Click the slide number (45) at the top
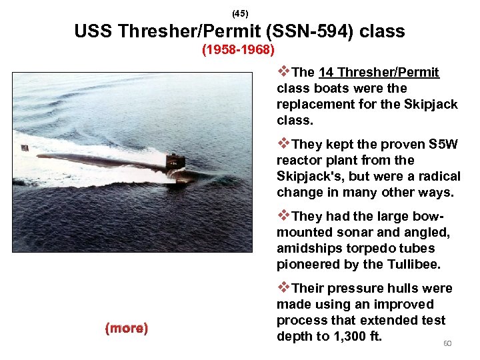[x=239, y=13]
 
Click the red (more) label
[x=127, y=328]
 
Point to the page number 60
[x=447, y=343]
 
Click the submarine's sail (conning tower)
[x=175, y=160]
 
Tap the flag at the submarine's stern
[x=24, y=147]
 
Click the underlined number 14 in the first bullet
[x=327, y=72]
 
